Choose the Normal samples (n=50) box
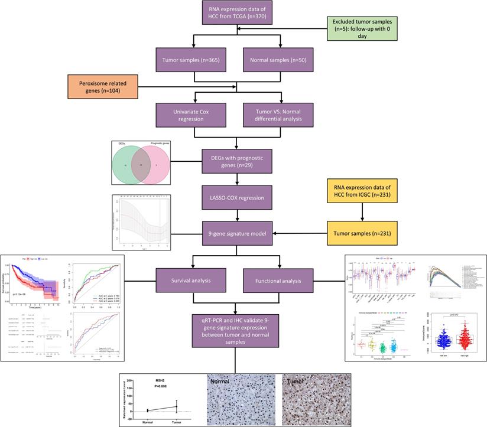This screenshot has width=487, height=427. pos(279,61)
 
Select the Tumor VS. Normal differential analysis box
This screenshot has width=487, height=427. pos(279,114)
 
